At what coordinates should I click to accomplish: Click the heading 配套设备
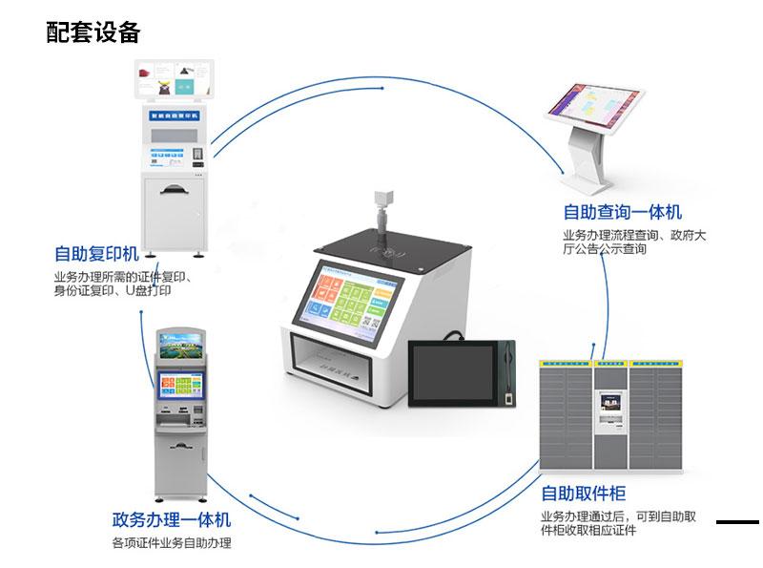pyautogui.click(x=93, y=32)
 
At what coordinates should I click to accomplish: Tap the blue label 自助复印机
pyautogui.click(x=96, y=254)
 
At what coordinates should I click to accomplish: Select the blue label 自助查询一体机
pyautogui.click(x=622, y=212)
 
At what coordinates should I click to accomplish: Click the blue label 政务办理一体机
pyautogui.click(x=172, y=520)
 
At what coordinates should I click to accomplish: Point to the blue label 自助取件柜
pyautogui.click(x=584, y=494)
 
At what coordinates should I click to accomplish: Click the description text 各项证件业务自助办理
pyautogui.click(x=172, y=544)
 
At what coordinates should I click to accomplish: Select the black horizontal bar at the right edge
pyautogui.click(x=737, y=522)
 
